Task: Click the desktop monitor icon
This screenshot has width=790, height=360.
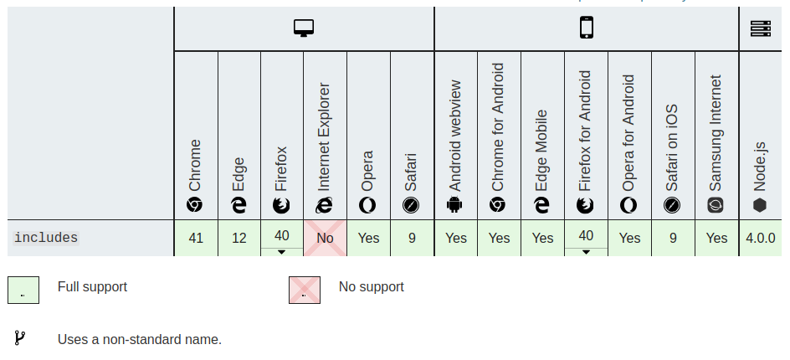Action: (x=303, y=28)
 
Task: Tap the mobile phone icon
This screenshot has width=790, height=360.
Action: (x=586, y=28)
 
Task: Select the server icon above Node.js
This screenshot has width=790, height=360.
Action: (x=760, y=28)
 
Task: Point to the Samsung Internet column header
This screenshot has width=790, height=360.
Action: (x=716, y=142)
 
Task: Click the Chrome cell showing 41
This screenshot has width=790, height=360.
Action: (x=196, y=238)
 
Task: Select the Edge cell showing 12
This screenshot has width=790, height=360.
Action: (x=239, y=238)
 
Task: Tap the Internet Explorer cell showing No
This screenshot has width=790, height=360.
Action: (x=325, y=238)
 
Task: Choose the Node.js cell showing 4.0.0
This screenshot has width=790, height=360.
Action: (x=761, y=238)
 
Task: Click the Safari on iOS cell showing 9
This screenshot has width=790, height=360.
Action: (x=673, y=238)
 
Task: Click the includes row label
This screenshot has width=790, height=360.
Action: (x=46, y=238)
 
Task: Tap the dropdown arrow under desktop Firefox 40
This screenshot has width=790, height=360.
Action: (x=282, y=251)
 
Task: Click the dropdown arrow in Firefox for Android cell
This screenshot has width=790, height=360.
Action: (x=586, y=251)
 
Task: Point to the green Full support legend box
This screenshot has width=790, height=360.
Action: (x=23, y=290)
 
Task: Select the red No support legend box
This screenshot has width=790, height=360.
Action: (x=304, y=290)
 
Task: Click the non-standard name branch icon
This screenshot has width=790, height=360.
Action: (x=19, y=338)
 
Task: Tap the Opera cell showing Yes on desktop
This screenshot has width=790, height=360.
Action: (x=368, y=238)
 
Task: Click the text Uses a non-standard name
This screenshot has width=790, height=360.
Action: (x=139, y=339)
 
